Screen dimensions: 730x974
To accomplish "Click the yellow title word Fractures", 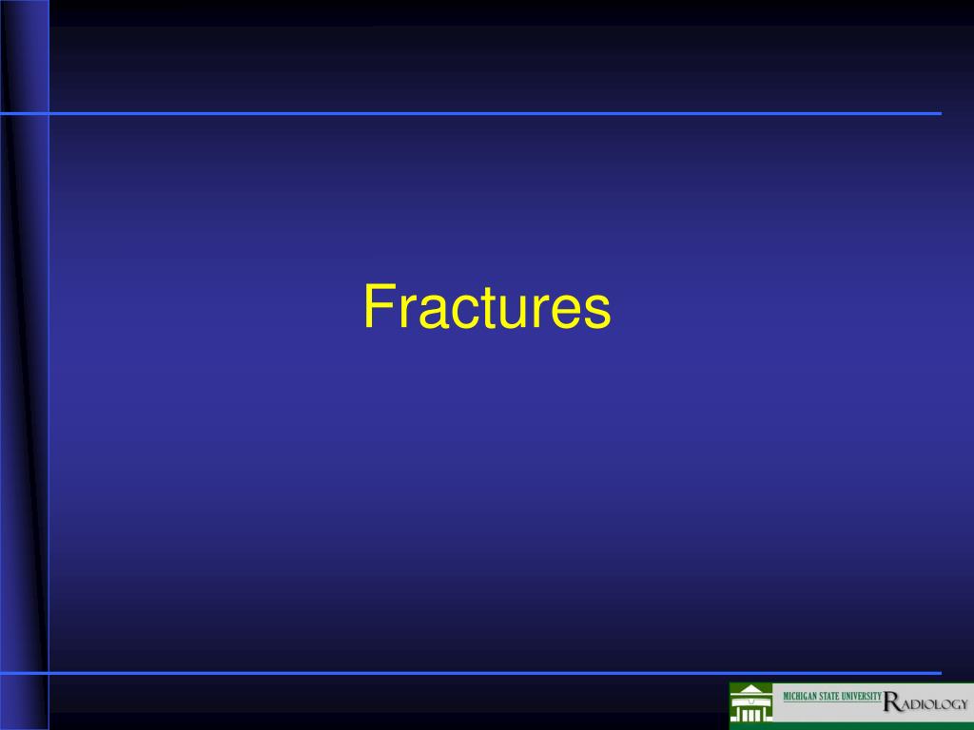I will pos(486,308).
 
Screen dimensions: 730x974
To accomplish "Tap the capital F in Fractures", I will pos(377,308).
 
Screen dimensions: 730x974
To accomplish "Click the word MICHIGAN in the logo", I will pos(801,697).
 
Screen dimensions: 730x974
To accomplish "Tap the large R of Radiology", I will pos(891,702).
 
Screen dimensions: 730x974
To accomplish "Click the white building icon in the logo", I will pos(751,704).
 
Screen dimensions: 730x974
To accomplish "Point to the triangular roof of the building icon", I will pos(751,689).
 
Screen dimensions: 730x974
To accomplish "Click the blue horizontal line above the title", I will pos(495,113).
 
